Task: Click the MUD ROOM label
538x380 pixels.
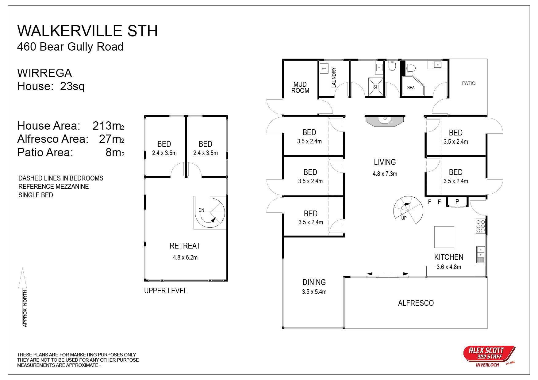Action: tap(300, 87)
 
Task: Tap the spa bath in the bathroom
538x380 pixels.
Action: tap(413, 85)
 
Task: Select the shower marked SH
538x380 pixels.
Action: tap(376, 87)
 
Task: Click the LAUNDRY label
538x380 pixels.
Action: tap(334, 78)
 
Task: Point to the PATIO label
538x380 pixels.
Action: tap(469, 83)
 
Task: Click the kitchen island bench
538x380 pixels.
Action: tap(444, 237)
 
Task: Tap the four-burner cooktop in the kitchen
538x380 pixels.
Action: tap(481, 226)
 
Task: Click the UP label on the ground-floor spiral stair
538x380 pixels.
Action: tap(404, 218)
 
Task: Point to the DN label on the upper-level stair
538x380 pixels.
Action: tap(201, 210)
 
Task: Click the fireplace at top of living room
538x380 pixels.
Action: tap(385, 121)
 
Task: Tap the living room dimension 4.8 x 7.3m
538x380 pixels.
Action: tap(385, 174)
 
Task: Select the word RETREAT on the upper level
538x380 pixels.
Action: tap(185, 246)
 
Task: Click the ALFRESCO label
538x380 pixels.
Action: tap(416, 303)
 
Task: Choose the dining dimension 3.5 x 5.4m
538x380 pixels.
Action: tap(314, 292)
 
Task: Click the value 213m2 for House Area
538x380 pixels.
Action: tap(108, 126)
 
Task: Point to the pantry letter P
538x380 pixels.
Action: tap(457, 202)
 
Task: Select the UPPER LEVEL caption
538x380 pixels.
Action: tap(166, 291)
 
